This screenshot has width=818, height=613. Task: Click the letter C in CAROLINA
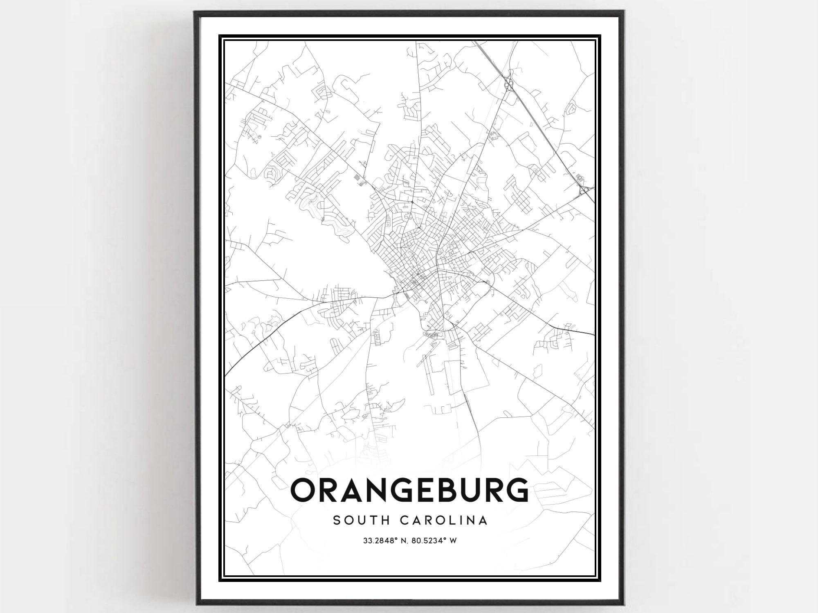404,521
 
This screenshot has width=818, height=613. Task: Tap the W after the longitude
453,541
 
